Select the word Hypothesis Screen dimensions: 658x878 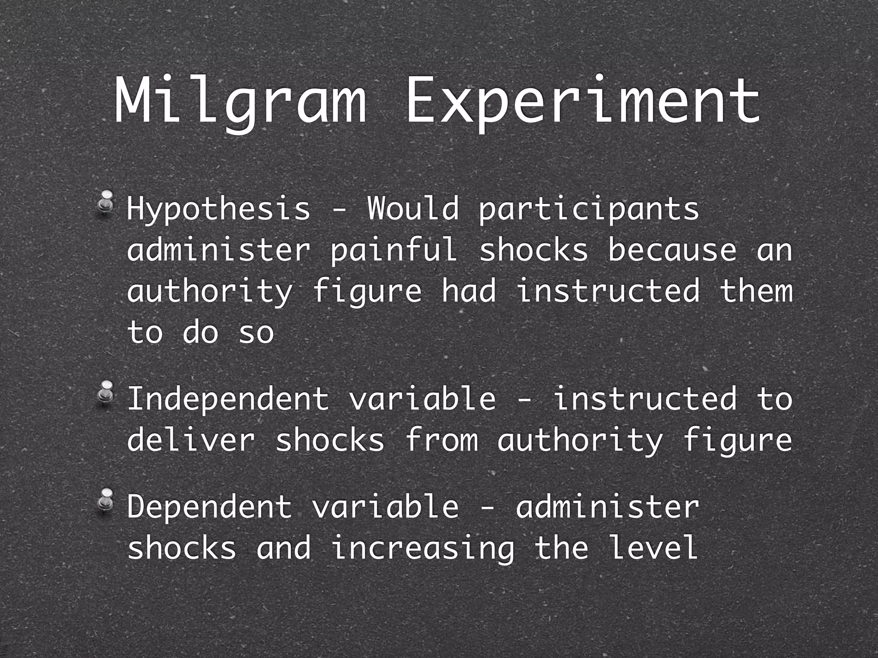pyautogui.click(x=218, y=209)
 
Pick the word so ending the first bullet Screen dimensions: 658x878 pyautogui.click(x=256, y=332)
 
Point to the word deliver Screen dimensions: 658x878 pyautogui.click(x=191, y=440)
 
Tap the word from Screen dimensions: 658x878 pyautogui.click(x=441, y=440)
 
